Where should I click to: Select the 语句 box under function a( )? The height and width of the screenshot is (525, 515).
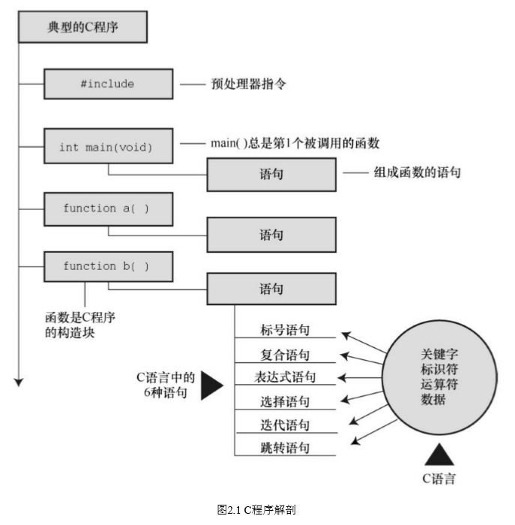pos(271,235)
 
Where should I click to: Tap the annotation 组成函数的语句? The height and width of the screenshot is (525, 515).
pos(418,172)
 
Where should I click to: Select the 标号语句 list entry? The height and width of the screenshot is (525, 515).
pos(285,330)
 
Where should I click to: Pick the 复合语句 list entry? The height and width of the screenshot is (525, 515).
pos(285,354)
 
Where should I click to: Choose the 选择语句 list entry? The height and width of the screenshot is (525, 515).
pos(285,401)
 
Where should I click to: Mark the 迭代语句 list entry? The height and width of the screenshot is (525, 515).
pos(285,425)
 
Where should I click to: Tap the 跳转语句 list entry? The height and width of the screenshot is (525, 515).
pos(285,448)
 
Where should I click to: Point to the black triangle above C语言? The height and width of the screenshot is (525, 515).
pos(438,454)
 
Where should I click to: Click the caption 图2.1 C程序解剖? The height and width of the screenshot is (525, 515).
pos(256,510)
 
